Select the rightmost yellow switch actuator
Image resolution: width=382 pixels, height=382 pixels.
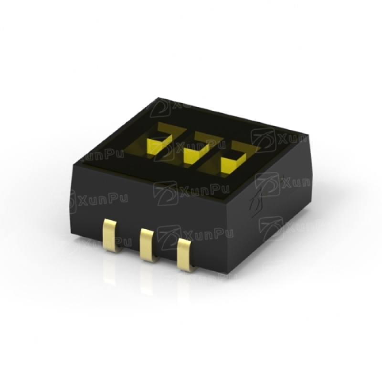(233, 163)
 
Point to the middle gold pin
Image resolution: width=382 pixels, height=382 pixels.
(148, 245)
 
